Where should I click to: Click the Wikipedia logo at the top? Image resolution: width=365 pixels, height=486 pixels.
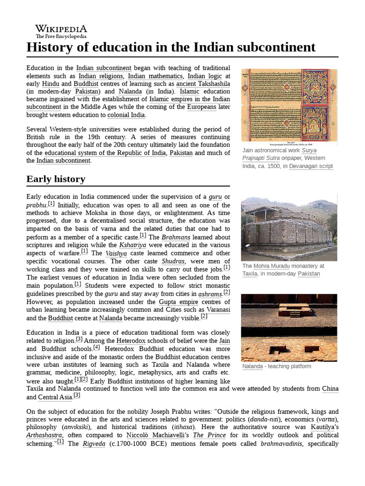click(x=61, y=31)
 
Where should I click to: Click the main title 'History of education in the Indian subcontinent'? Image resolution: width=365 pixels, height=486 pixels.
click(x=171, y=47)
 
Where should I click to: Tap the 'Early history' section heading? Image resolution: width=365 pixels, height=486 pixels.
click(x=56, y=179)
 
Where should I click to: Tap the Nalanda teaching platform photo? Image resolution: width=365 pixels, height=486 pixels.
click(x=289, y=327)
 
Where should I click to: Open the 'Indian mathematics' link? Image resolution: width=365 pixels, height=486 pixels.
click(x=155, y=76)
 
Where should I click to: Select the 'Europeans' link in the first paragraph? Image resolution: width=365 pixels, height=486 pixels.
click(x=202, y=107)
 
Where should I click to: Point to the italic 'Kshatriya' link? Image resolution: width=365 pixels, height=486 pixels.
click(x=133, y=245)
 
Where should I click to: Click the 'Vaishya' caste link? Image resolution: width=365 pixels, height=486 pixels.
click(x=116, y=253)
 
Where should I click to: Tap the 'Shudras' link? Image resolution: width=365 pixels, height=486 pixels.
click(x=173, y=262)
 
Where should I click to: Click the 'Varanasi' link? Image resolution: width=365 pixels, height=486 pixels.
click(x=218, y=310)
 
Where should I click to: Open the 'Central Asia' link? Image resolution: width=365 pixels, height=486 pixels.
click(x=55, y=397)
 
